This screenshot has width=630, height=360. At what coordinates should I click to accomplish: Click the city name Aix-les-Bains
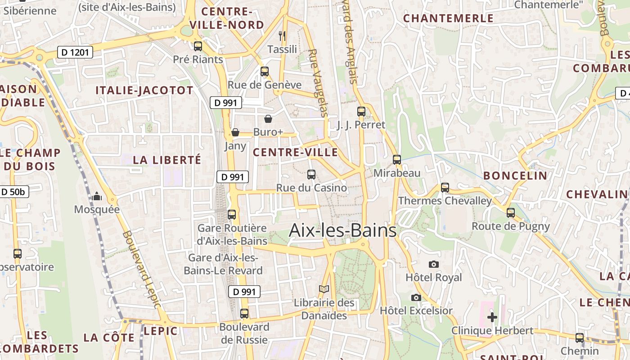point(342,230)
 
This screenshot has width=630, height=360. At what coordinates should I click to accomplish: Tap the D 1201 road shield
point(75,53)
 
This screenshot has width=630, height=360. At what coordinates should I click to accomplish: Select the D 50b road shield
point(13,192)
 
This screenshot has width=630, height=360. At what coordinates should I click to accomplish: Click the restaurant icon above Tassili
point(282,36)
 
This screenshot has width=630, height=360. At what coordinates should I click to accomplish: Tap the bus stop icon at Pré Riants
point(198,46)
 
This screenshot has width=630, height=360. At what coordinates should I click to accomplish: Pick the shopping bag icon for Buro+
point(268,119)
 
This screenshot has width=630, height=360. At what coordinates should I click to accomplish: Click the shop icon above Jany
point(235,132)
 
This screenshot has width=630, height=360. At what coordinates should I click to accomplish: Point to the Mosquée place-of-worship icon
point(97,197)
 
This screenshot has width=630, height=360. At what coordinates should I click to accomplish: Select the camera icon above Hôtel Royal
point(434,264)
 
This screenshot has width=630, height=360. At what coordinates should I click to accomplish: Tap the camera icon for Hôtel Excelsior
point(416,297)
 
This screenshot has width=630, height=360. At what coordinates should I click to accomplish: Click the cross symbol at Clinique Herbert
point(492,317)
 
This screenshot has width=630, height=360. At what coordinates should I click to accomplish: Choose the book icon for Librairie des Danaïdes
point(324,289)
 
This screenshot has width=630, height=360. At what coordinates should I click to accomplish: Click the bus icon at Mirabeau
point(396,160)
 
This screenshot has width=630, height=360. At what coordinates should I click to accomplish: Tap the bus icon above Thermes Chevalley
point(445,187)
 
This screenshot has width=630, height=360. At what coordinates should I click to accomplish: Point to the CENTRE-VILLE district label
point(295,152)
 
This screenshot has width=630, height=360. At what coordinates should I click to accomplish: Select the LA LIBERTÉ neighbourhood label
point(167,160)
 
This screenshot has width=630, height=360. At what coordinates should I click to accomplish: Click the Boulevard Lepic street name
point(141,270)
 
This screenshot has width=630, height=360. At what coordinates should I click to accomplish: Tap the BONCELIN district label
point(515,175)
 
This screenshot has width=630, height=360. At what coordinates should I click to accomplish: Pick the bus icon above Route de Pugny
point(510,213)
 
